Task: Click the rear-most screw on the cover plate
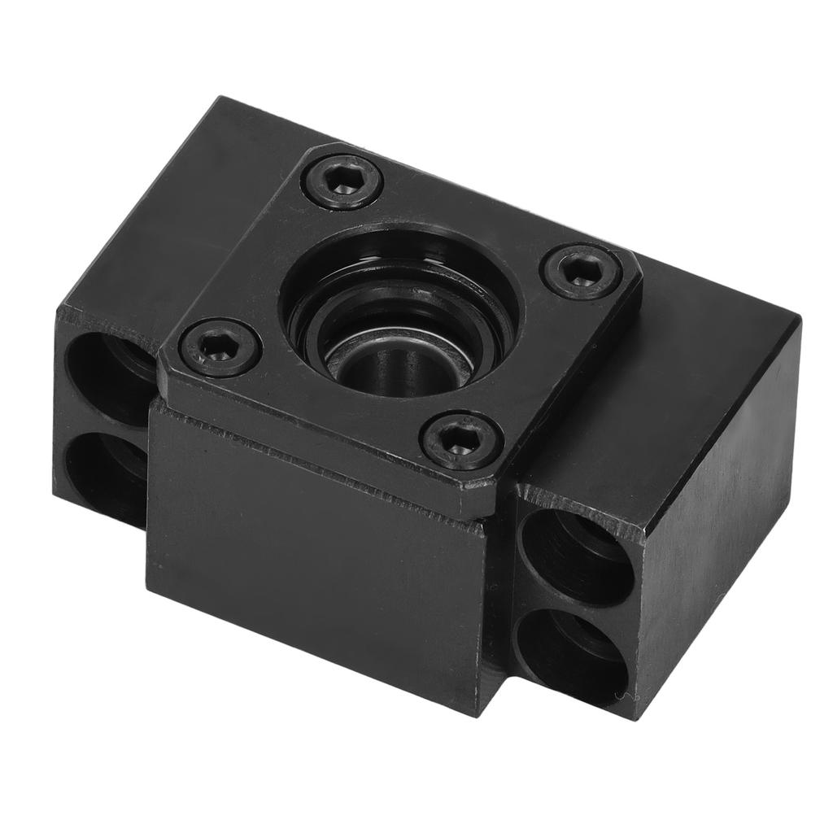[342, 181]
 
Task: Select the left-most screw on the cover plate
[220, 347]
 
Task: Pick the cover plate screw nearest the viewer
[460, 439]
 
